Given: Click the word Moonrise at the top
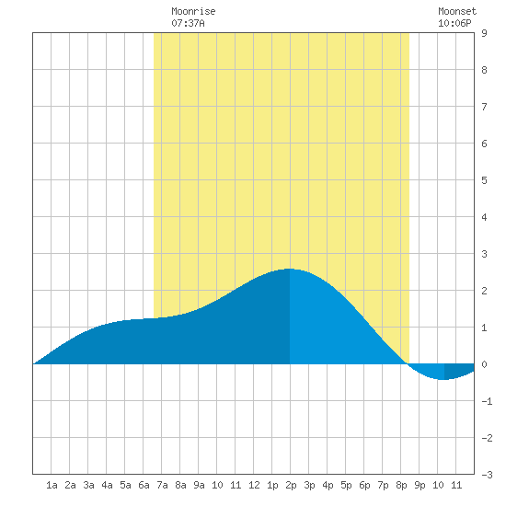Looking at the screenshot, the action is pyautogui.click(x=193, y=11).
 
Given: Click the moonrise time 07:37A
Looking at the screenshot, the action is pyautogui.click(x=188, y=23).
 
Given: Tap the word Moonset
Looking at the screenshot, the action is pyautogui.click(x=457, y=11).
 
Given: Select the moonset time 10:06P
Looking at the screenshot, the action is pyautogui.click(x=454, y=23).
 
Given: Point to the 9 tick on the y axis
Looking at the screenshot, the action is pyautogui.click(x=484, y=33).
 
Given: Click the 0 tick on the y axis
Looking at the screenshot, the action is pyautogui.click(x=484, y=364).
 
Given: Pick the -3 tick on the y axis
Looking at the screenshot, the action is pyautogui.click(x=487, y=475).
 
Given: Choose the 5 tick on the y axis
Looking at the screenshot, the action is pyautogui.click(x=484, y=180).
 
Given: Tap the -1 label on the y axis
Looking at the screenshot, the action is pyautogui.click(x=487, y=401).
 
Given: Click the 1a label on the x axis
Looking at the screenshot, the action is pyautogui.click(x=52, y=485).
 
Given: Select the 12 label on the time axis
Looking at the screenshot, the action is pyautogui.click(x=254, y=485).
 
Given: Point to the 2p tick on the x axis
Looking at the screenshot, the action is pyautogui.click(x=291, y=485).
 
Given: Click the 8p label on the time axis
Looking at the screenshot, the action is pyautogui.click(x=401, y=485).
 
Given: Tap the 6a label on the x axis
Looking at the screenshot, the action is pyautogui.click(x=144, y=485).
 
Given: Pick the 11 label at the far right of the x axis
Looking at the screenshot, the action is pyautogui.click(x=456, y=485).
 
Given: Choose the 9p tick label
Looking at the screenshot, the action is pyautogui.click(x=420, y=485).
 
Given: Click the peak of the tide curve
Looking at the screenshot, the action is pyautogui.click(x=290, y=269).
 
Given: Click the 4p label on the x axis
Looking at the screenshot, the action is pyautogui.click(x=328, y=485).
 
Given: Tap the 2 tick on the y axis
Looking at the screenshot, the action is pyautogui.click(x=484, y=291).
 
